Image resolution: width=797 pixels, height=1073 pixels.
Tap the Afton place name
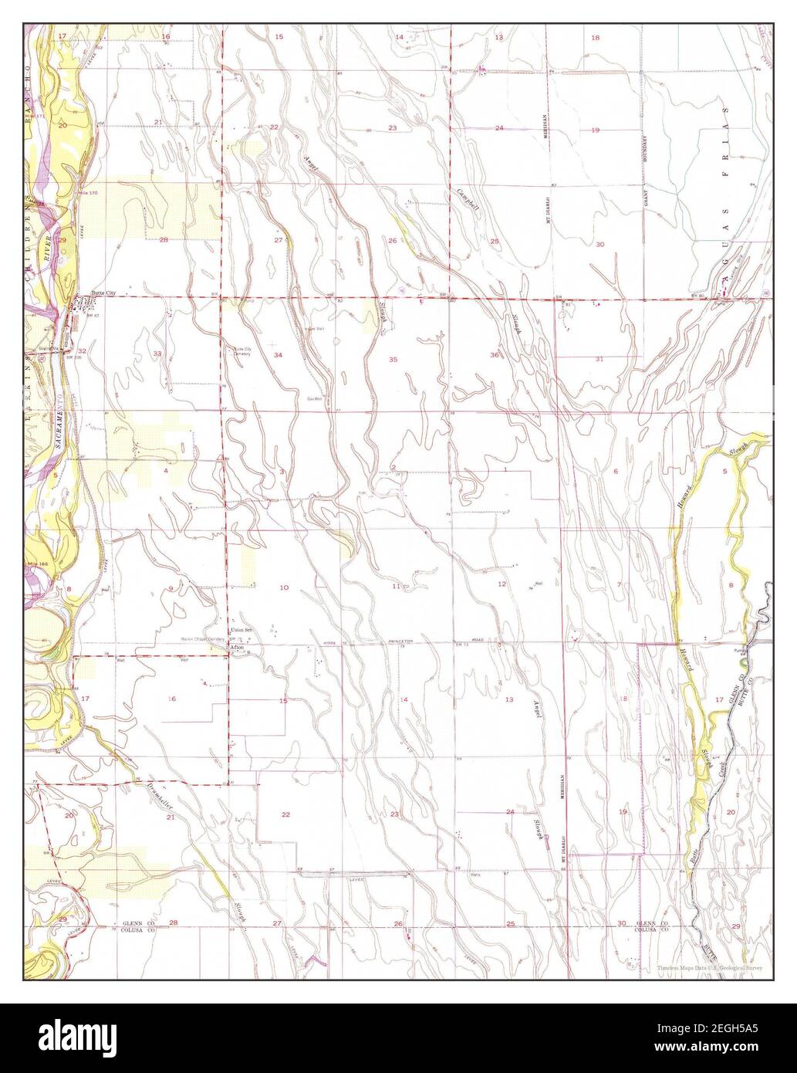(x=238, y=647)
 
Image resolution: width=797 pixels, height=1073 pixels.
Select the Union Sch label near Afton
(x=243, y=628)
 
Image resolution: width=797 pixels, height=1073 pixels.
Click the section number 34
(x=278, y=354)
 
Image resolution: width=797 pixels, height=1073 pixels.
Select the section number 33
(x=157, y=354)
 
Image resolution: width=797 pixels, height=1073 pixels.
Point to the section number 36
(x=494, y=354)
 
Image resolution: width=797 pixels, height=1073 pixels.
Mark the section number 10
(x=284, y=588)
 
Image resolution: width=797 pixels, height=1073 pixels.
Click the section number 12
(x=502, y=584)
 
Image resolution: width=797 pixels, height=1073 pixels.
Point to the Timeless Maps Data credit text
(x=714, y=967)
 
